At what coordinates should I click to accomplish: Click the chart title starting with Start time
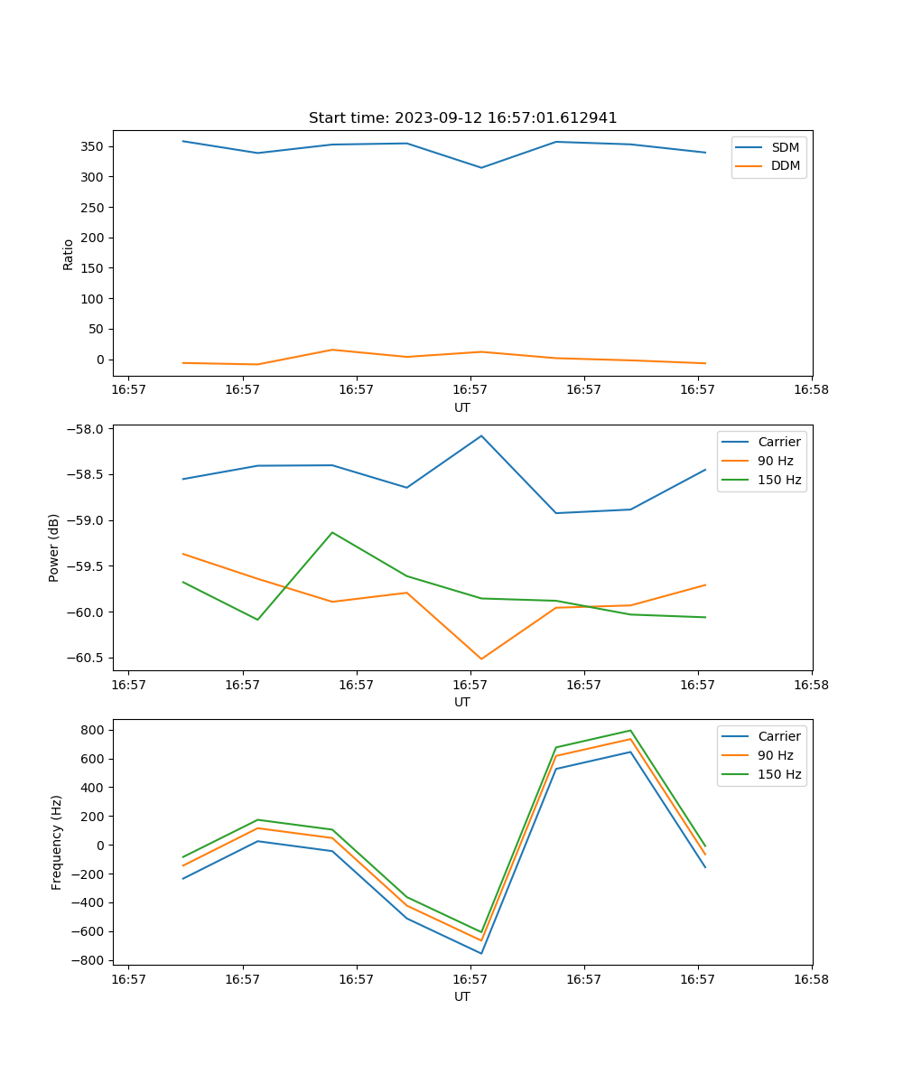(x=462, y=118)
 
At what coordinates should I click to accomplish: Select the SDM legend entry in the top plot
(x=785, y=147)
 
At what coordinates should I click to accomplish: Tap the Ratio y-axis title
(x=69, y=255)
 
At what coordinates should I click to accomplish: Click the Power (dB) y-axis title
(x=55, y=547)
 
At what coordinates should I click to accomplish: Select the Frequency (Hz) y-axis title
(x=57, y=842)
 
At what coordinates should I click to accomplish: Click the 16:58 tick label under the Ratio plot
(x=811, y=390)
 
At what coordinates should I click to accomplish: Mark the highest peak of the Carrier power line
(x=481, y=435)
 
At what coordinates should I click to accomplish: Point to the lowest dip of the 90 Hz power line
(x=481, y=659)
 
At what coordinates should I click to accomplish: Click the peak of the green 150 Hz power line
(x=332, y=532)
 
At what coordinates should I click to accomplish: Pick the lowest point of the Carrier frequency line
(x=481, y=953)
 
